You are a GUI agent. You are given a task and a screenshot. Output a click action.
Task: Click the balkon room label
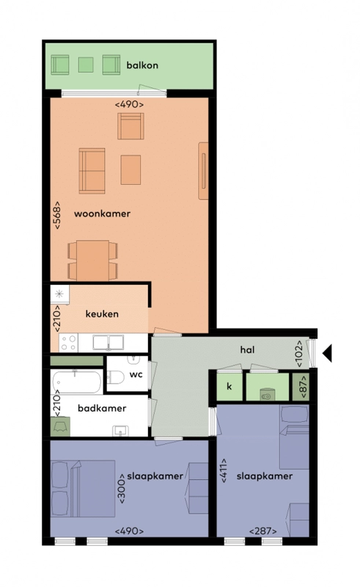click(x=142, y=65)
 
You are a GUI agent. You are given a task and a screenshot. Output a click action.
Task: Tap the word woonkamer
click(x=102, y=214)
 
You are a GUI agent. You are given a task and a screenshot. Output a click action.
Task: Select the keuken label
click(x=102, y=314)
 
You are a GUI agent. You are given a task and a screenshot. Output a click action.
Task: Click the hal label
click(x=247, y=350)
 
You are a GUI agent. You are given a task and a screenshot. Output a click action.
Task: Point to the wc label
click(x=136, y=374)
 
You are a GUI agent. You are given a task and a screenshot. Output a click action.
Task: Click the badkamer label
click(x=102, y=408)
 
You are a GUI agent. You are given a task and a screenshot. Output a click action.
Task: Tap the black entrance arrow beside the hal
click(x=327, y=354)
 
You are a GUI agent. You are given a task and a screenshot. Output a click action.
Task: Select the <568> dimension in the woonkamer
click(x=57, y=215)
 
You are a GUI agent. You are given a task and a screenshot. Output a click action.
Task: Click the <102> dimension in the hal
click(x=299, y=354)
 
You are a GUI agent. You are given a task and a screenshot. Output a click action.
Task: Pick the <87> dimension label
click(x=304, y=387)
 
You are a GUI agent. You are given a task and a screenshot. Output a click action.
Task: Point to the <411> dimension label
click(x=224, y=470)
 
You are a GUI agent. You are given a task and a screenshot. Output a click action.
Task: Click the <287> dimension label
click(x=263, y=531)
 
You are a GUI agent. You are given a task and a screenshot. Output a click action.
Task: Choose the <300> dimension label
click(x=122, y=488)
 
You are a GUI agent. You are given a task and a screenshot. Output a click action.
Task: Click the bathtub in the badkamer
click(x=77, y=382)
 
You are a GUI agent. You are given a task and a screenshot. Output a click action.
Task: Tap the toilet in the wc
click(x=117, y=377)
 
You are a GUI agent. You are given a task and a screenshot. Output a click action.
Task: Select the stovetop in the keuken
click(x=68, y=343)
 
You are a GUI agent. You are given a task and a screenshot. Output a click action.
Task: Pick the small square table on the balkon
click(x=86, y=65)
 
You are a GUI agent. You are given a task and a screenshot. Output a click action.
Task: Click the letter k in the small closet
click(x=229, y=386)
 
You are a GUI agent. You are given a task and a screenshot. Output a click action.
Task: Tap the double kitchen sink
click(x=109, y=343)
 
